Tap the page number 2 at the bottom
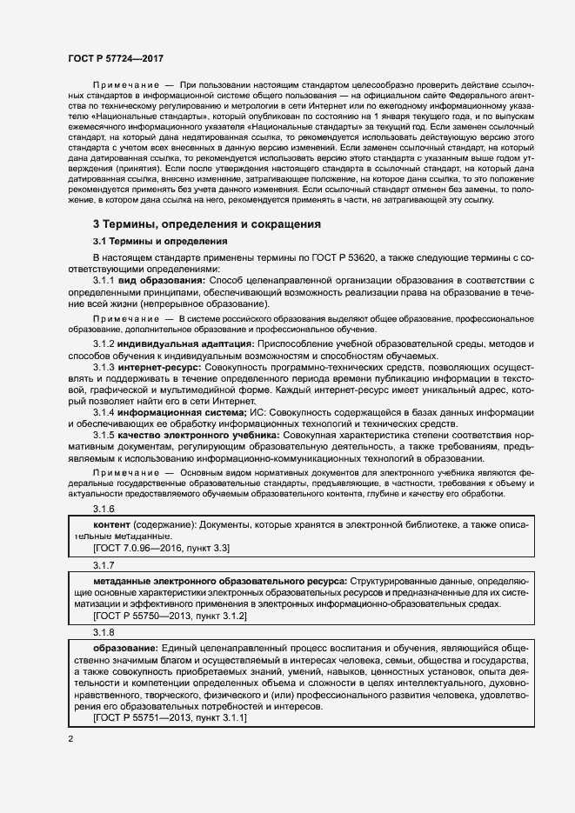coord(70,739)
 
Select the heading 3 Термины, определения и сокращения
coord(207,223)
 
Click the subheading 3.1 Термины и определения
coord(160,241)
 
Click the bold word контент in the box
coord(112,525)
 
